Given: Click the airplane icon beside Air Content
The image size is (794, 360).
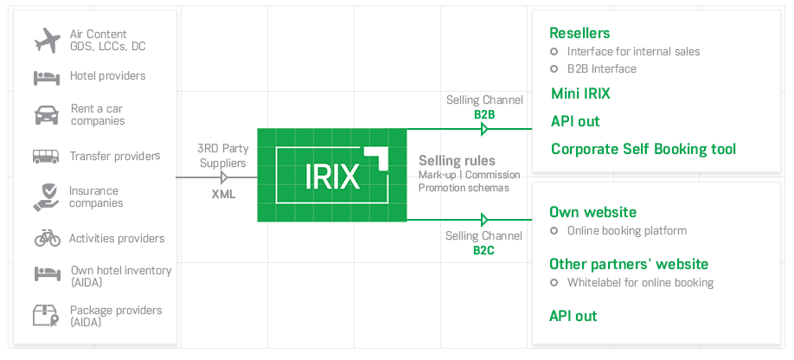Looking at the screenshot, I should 47,40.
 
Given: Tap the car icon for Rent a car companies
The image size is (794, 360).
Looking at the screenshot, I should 47,115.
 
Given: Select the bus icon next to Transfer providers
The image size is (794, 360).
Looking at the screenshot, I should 47,157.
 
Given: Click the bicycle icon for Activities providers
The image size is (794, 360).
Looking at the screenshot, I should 47,238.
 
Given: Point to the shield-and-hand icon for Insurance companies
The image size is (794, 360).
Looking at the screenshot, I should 47,196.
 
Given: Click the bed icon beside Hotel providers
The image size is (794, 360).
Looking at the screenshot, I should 47,76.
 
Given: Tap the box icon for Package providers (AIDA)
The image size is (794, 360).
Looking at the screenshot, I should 47,316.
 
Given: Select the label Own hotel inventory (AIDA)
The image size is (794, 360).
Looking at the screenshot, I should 121,276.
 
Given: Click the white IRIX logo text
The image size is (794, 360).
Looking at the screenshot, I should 332,176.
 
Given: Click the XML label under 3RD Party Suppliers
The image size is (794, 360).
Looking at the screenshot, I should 224,195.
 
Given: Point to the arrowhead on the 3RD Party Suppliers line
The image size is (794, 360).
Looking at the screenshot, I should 225,177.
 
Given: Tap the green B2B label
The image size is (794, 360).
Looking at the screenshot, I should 483,113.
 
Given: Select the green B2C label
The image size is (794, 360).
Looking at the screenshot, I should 483,250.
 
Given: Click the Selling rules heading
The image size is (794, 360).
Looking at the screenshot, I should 457,161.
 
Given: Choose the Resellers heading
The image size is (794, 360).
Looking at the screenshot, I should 579,33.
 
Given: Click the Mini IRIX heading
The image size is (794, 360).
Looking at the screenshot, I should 580,93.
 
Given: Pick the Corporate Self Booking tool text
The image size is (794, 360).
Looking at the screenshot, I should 643,149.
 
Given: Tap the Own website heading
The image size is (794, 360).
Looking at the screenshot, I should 592,212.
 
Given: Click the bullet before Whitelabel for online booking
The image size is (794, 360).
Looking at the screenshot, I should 554,283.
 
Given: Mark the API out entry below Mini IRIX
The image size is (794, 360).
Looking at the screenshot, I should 575,121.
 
